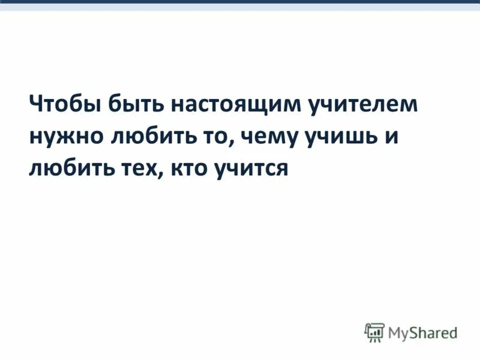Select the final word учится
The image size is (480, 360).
pyautogui.click(x=251, y=169)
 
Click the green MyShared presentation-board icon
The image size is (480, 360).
pyautogui.click(x=374, y=332)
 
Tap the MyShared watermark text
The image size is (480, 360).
pyautogui.click(x=422, y=332)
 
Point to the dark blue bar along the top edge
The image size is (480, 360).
pyautogui.click(x=240, y=2)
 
